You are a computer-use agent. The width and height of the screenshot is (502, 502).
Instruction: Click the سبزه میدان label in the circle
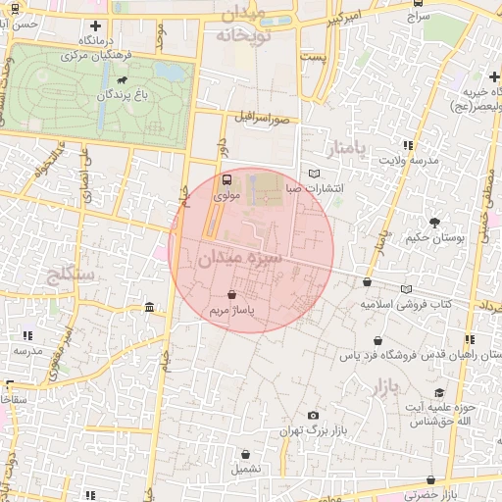[239, 259]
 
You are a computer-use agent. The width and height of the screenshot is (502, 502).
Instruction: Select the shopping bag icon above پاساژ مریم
[231, 294]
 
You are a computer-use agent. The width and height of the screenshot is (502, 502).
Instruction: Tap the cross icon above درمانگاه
[95, 26]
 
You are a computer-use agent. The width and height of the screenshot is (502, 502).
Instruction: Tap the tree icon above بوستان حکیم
[434, 223]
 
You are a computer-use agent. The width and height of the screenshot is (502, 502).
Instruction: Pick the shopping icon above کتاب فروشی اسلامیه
[368, 282]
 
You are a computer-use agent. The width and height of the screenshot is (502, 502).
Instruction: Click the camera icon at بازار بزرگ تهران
[313, 416]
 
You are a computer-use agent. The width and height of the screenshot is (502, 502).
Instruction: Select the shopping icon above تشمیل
[244, 454]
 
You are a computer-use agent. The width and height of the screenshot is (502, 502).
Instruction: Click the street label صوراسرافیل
[263, 119]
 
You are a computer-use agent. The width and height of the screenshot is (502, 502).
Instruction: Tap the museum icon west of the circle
[149, 309]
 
